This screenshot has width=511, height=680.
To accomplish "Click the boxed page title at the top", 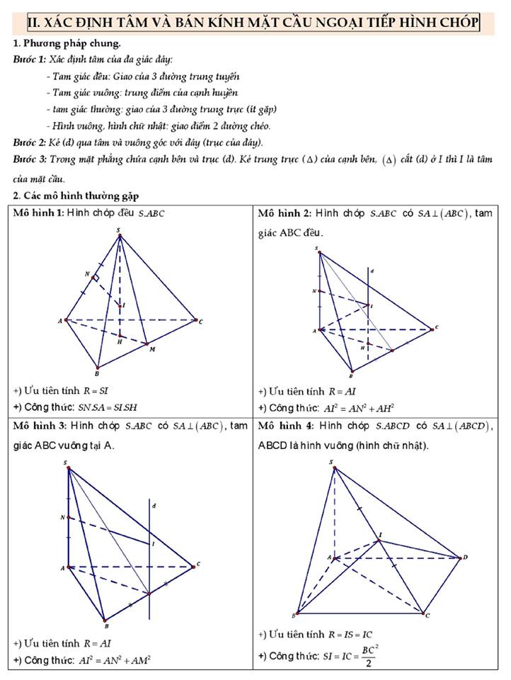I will click(x=253, y=23).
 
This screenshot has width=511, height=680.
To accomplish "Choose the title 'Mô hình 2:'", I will click(x=284, y=212).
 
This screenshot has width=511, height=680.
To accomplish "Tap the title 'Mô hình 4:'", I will click(x=284, y=425).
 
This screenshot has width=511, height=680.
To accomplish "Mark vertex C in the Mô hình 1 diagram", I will click(x=195, y=320).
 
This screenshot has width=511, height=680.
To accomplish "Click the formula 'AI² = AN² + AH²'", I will click(x=360, y=407).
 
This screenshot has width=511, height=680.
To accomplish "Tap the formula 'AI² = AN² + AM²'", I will click(x=117, y=661).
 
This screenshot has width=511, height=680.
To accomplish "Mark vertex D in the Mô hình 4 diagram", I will click(x=460, y=558).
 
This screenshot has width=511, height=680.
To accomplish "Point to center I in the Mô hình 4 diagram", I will click(x=379, y=540).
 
